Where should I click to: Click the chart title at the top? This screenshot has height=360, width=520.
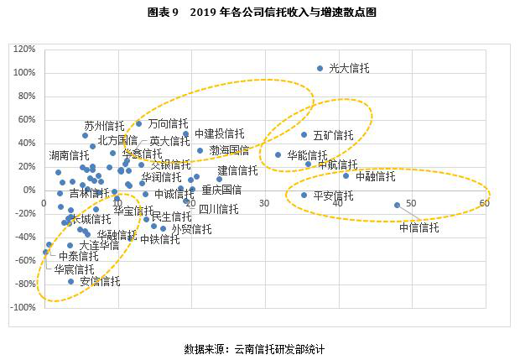[x=259, y=13]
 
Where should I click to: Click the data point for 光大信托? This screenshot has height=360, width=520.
[x=320, y=68]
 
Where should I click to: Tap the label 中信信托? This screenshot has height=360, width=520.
[x=419, y=227]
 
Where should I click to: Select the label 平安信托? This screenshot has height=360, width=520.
[x=333, y=196]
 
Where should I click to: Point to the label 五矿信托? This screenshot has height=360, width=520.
[x=333, y=135]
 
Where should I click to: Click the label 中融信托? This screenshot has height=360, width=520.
[x=375, y=177]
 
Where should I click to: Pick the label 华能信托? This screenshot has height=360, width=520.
[x=307, y=156]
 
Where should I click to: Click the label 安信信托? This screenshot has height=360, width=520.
[x=100, y=281]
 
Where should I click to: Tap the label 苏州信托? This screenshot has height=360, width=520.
[x=104, y=126]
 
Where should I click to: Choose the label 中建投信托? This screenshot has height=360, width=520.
[x=219, y=133]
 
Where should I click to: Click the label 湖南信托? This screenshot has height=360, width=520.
[x=69, y=155]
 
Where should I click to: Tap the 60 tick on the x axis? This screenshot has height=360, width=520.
[x=485, y=202]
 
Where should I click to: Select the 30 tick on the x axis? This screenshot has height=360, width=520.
[x=264, y=202]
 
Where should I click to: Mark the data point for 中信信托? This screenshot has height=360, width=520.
[x=397, y=205]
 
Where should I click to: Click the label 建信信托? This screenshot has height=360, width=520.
[x=237, y=170]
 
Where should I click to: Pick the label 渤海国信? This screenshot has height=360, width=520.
[x=229, y=150]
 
